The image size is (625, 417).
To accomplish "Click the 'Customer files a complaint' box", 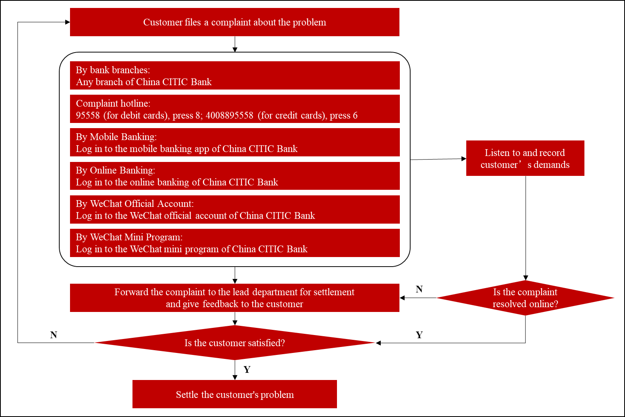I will pos(235,22).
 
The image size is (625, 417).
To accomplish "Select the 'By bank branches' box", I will pos(235,76).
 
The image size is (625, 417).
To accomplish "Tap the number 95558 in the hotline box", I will pos(88,115).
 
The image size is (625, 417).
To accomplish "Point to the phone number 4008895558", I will pos(229,115).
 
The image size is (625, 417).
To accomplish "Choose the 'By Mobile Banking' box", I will pos(235,142).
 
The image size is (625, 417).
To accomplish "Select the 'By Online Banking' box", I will pos(235,176).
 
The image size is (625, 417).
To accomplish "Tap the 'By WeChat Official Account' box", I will pos(235,209).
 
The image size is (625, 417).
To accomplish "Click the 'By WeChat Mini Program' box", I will pos(235,243).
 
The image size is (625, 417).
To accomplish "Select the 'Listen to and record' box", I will pos(525,158).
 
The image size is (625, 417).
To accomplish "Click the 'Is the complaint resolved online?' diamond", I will pos(525,298).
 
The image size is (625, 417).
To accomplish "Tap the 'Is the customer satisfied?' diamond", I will pos(235,343).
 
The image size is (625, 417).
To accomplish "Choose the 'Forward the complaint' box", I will pos(235,298).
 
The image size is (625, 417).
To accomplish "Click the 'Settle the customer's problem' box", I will pos(235,394).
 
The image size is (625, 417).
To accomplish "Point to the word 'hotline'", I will pos(134,103).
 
